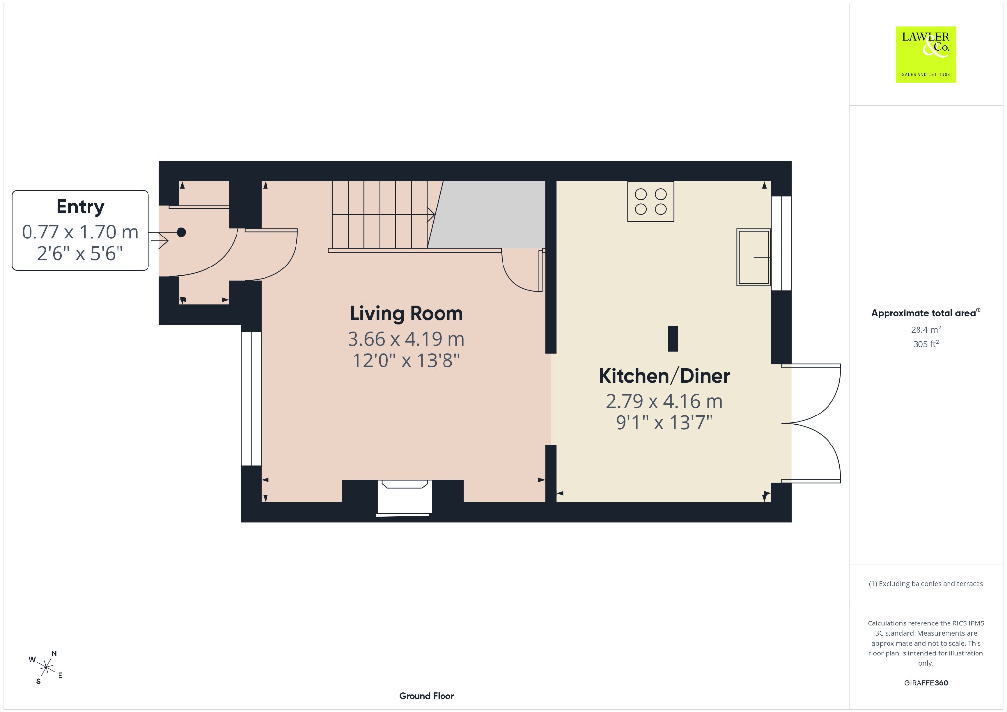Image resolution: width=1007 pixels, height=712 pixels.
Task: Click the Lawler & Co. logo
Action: pyautogui.click(x=926, y=54)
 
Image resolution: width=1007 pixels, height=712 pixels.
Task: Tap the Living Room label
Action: pyautogui.click(x=406, y=314)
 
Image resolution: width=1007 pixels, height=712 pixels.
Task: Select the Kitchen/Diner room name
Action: pyautogui.click(x=664, y=376)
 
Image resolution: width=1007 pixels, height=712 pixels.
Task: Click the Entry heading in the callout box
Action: pyautogui.click(x=80, y=207)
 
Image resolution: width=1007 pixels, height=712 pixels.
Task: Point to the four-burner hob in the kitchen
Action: pyautogui.click(x=651, y=202)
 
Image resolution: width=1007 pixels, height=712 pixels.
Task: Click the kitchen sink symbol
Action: pyautogui.click(x=753, y=257)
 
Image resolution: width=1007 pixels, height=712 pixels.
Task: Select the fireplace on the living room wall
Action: pyautogui.click(x=404, y=498)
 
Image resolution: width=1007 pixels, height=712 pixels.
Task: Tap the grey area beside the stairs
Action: pyautogui.click(x=487, y=214)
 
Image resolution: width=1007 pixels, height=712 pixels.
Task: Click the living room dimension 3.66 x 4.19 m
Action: pyautogui.click(x=406, y=339)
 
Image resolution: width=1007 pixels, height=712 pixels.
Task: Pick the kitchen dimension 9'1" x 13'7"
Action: pyautogui.click(x=664, y=423)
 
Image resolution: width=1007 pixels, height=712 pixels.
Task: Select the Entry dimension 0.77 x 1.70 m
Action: pyautogui.click(x=80, y=232)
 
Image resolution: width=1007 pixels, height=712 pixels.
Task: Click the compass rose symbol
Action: pyautogui.click(x=46, y=668)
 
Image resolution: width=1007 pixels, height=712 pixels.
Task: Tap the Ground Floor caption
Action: pyautogui.click(x=426, y=696)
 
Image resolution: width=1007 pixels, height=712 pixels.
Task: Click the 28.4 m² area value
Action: pyautogui.click(x=926, y=329)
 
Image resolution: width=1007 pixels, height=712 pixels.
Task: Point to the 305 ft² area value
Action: pyautogui.click(x=926, y=344)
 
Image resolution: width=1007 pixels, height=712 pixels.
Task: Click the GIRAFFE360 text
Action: pyautogui.click(x=926, y=683)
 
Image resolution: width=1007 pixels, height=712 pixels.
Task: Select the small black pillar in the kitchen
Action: pyautogui.click(x=673, y=338)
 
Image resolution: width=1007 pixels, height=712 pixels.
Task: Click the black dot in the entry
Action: pyautogui.click(x=181, y=232)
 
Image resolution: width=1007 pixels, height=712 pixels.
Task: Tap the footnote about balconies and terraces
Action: pyautogui.click(x=926, y=584)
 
